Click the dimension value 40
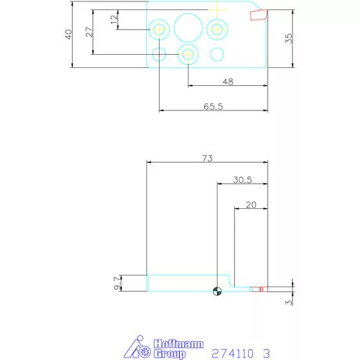68,34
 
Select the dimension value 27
89,32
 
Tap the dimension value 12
114,20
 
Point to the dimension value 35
289,38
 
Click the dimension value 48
228,82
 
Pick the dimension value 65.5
213,106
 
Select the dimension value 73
207,158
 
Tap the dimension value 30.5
243,180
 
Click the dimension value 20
251,205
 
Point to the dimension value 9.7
117,283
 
